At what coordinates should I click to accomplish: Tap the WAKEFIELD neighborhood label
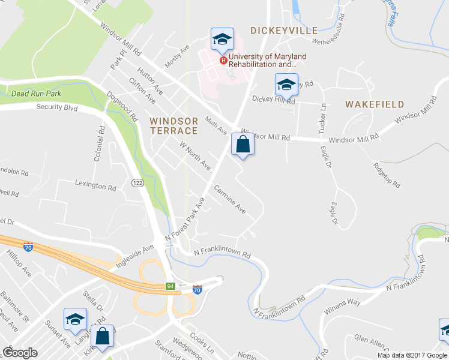tap(375, 104)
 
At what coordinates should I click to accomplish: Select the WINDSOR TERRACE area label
tap(173, 125)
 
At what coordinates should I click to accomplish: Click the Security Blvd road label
tap(57, 107)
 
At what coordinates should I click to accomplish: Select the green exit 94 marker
tap(171, 286)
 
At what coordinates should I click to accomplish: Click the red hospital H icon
tap(223, 61)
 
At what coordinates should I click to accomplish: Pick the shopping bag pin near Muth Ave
tap(242, 145)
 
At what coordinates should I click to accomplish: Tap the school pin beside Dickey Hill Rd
tap(286, 85)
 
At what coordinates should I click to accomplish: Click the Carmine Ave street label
tap(230, 199)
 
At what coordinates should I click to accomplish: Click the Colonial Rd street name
tap(99, 143)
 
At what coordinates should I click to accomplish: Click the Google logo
tap(20, 353)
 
